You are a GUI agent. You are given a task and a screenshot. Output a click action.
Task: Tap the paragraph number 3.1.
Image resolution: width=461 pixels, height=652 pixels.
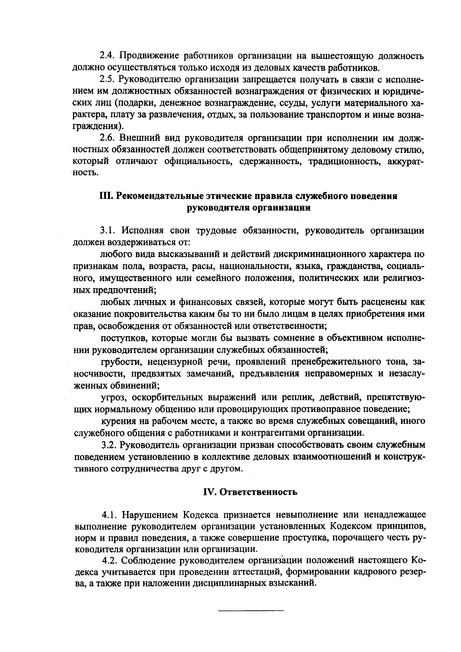click(108, 231)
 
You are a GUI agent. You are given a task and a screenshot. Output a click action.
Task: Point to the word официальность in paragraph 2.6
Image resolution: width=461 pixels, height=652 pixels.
click(199, 161)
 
